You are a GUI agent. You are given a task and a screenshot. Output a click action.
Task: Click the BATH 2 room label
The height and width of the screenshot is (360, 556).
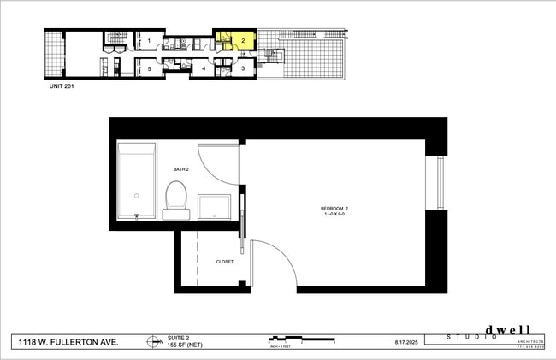click(180, 170)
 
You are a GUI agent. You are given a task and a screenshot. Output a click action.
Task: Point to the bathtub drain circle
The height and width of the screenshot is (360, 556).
click(136, 195)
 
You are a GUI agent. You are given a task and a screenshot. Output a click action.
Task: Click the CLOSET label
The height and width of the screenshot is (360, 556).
click(225, 262)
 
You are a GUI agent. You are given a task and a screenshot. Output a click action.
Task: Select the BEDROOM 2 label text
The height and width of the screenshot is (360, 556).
click(334, 209)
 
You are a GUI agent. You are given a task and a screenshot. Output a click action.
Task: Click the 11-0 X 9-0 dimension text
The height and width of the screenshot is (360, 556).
click(334, 215)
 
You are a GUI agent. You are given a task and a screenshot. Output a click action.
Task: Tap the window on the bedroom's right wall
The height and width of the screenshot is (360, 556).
click(440, 182)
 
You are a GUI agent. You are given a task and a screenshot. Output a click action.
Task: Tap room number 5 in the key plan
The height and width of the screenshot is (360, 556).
click(149, 68)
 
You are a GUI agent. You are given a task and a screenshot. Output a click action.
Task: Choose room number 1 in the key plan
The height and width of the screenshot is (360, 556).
click(149, 40)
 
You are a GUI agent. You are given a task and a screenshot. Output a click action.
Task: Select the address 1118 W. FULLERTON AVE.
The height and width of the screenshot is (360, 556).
click(68, 342)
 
